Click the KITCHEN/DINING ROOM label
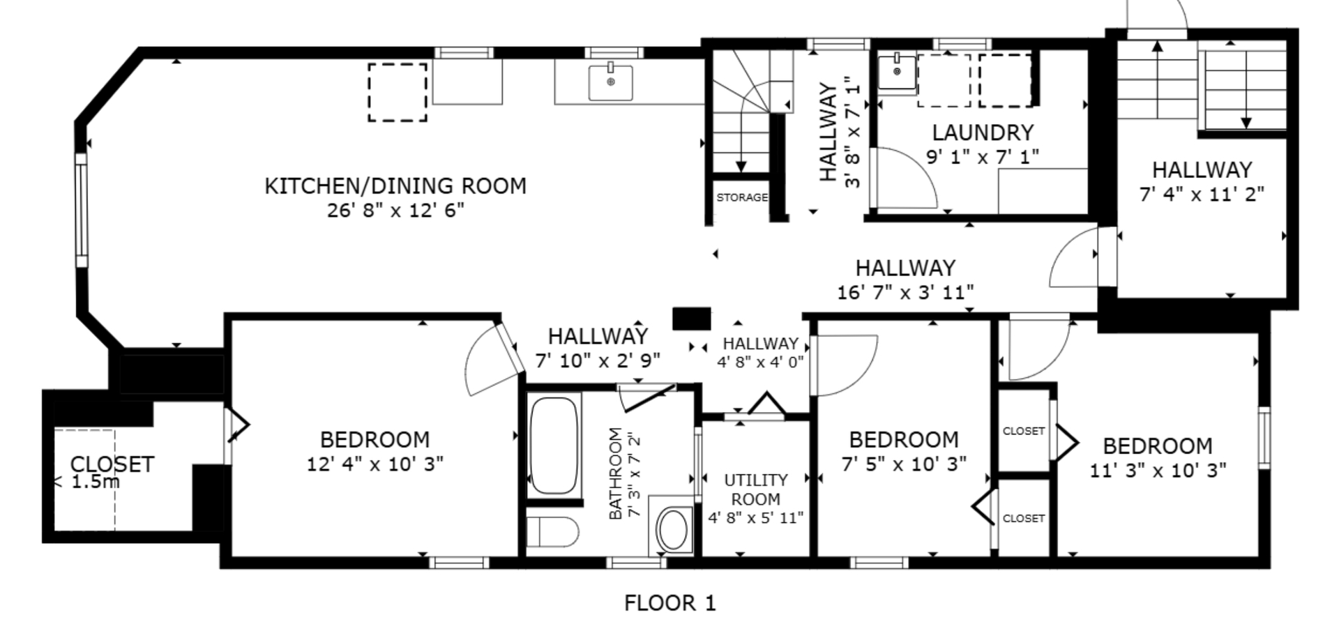pos(395,186)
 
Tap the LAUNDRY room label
pos(983,132)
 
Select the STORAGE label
pos(742,197)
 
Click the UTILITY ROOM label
pos(756,489)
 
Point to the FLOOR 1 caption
pos(669,602)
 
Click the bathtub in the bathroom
pos(554,446)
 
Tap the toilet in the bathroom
pos(552,532)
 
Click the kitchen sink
pos(611,82)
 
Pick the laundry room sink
pos(897,72)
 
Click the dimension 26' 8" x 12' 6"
pos(395,211)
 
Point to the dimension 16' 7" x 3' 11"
pos(905,292)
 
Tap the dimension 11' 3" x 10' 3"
pos(1158,471)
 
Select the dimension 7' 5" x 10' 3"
pos(904,464)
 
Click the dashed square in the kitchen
pos(398,92)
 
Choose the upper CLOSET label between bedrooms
pos(1024,432)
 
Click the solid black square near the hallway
pos(691,319)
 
